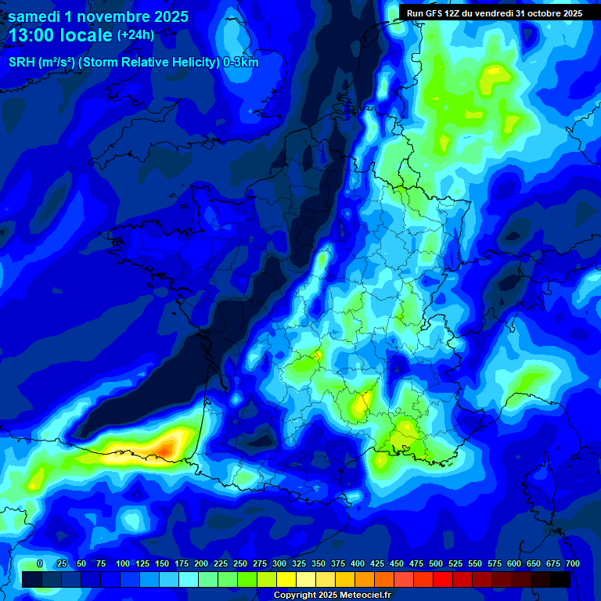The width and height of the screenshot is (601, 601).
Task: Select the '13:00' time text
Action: [x=31, y=35]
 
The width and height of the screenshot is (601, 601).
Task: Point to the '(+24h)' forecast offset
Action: [x=135, y=35]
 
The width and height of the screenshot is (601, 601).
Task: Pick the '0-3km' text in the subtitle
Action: [x=241, y=63]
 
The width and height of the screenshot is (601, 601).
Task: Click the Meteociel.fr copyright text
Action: [x=333, y=596]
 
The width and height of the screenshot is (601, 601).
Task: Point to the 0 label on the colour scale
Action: [x=40, y=564]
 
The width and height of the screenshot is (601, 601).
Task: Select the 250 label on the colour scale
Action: [x=240, y=564]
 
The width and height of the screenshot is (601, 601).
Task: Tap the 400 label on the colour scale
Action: [x=358, y=564]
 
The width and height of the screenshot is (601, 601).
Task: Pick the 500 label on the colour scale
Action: [x=436, y=564]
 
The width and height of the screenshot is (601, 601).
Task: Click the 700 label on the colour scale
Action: [x=573, y=564]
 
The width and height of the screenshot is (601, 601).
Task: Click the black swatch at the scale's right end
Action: [x=560, y=579]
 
